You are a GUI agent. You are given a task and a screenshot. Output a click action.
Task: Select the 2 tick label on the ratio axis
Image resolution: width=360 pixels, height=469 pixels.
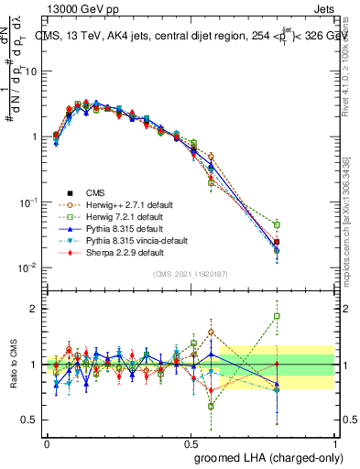coord(35,309)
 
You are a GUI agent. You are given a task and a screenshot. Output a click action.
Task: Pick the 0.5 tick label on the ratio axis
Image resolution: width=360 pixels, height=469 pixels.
coord(32,420)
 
